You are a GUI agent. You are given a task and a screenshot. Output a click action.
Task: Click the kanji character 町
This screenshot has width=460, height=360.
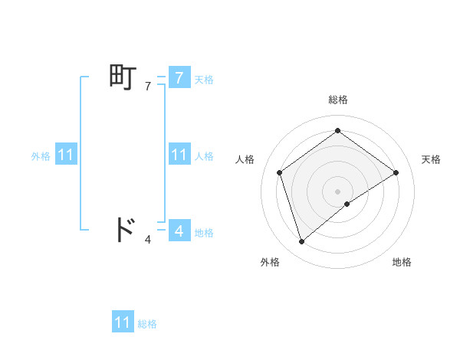click(x=123, y=78)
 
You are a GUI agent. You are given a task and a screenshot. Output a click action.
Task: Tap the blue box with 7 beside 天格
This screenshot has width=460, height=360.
click(x=179, y=78)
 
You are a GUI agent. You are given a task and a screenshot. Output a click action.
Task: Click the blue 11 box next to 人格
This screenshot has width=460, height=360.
click(x=179, y=155)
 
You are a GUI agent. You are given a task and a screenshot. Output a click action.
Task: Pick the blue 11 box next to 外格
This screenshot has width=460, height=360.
click(x=65, y=155)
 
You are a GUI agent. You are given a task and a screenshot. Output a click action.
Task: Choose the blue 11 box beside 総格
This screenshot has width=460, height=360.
click(x=123, y=322)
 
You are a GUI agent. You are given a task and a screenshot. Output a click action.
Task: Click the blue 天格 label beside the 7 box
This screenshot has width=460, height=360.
click(x=204, y=80)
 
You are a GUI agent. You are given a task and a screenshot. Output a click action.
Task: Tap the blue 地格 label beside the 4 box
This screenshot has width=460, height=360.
click(x=204, y=233)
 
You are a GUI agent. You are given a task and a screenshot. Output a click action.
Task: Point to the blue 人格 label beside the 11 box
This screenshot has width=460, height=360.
click(x=204, y=156)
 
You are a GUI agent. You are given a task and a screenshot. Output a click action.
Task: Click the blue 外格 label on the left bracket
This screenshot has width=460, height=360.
click(x=41, y=156)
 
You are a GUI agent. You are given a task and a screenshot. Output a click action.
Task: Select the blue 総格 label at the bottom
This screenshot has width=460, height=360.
click(x=147, y=325)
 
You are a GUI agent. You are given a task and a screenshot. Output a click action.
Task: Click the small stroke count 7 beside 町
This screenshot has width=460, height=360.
click(x=148, y=87)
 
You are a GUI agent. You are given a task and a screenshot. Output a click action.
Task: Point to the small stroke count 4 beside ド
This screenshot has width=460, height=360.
click(x=148, y=240)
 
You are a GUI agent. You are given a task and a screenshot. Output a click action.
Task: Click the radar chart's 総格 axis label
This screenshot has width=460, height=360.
click(x=337, y=100)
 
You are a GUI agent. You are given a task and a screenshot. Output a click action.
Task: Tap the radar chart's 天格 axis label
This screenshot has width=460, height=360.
click(x=431, y=159)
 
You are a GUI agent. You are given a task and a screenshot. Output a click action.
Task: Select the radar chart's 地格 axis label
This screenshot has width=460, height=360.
click(x=402, y=262)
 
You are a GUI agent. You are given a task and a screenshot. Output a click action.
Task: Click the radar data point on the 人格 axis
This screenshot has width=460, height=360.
click(x=280, y=172)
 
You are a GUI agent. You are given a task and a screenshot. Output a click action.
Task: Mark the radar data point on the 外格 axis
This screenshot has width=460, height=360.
click(x=302, y=242)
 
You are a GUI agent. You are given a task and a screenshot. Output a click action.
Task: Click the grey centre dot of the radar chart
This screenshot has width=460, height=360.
click(x=337, y=191)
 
